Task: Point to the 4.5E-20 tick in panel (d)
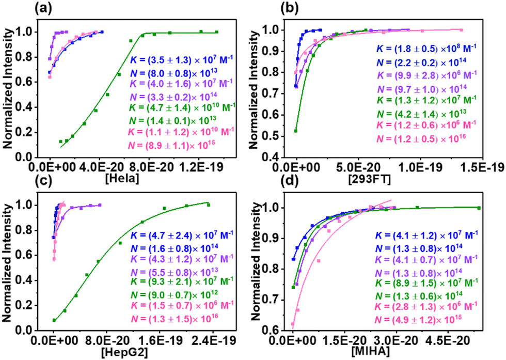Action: [x=449, y=341]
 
